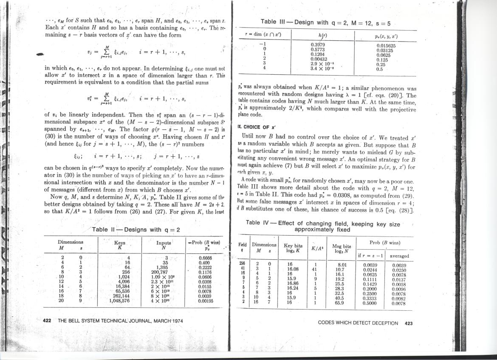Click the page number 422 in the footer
pos(47,321)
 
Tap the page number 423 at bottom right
pos(409,323)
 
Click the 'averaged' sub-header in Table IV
pos(399,256)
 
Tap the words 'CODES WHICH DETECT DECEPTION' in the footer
pos(358,323)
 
